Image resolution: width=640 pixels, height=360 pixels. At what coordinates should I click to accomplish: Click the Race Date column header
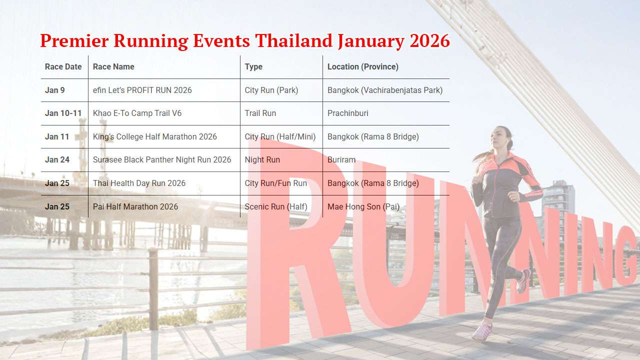[63, 66]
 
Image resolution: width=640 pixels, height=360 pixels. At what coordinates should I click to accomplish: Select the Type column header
[253, 66]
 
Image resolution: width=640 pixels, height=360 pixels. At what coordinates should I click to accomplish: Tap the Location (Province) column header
[362, 66]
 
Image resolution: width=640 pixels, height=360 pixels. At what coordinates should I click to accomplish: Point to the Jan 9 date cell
[54, 90]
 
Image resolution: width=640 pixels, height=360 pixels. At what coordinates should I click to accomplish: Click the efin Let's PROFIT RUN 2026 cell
[142, 90]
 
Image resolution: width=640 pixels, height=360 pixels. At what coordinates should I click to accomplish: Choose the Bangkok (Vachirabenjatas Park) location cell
[384, 90]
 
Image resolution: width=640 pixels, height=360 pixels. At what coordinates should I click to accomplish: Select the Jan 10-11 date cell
[63, 113]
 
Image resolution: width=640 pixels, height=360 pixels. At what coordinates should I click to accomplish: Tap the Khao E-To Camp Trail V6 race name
[137, 113]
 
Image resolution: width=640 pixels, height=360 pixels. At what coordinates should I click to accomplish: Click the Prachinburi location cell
[347, 113]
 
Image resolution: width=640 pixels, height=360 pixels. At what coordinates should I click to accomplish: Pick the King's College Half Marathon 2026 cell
[154, 136]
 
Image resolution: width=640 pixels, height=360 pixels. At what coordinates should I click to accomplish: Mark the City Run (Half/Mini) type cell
[280, 136]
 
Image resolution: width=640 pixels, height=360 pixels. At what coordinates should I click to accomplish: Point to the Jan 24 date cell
[57, 159]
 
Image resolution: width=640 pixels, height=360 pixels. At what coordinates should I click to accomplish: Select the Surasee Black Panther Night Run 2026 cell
[162, 159]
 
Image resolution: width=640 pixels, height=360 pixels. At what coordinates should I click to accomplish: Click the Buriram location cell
[341, 159]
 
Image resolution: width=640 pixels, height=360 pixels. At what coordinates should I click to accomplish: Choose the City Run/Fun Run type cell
[275, 183]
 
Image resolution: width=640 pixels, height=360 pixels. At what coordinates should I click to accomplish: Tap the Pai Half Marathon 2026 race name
[135, 206]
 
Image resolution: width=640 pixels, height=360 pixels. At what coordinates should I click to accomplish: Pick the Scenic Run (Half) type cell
[275, 206]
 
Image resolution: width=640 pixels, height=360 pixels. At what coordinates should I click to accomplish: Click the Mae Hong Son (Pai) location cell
[363, 206]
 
